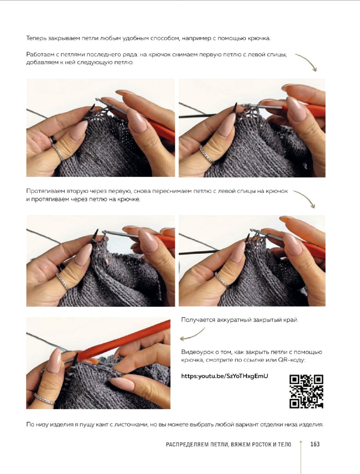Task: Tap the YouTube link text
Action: (x=225, y=376)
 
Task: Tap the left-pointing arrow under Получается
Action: (x=192, y=335)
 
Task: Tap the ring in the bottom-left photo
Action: (x=44, y=399)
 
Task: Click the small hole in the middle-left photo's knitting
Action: (x=106, y=261)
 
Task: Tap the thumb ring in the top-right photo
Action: (x=207, y=154)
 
